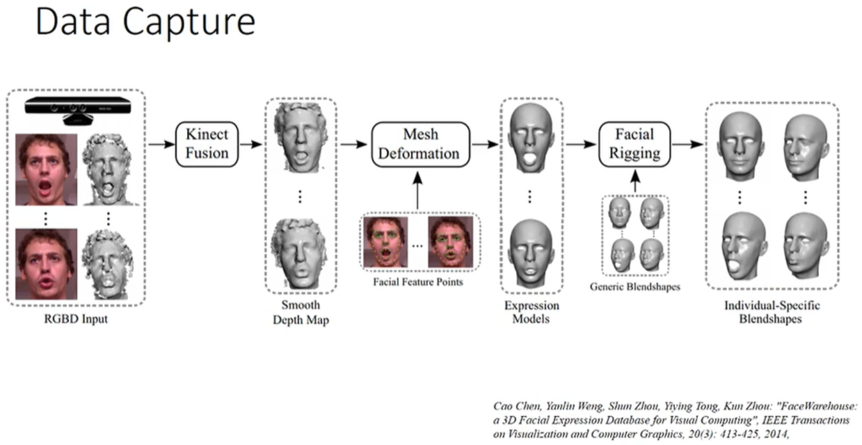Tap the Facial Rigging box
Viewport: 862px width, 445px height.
tap(637, 144)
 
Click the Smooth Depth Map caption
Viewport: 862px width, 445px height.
tap(301, 313)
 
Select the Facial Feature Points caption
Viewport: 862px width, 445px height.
tap(417, 282)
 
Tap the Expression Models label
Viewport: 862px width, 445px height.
tap(531, 313)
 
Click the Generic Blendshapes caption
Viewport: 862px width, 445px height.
tap(635, 286)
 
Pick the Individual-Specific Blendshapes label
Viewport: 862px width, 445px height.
tap(772, 313)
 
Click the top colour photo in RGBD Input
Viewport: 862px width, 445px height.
tap(45, 169)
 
